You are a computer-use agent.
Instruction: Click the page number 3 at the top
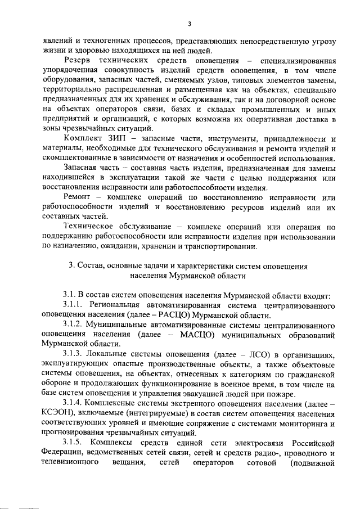coord(190,24)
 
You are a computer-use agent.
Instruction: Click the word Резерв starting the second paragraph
coord(79,60)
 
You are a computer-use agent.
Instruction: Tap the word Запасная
coord(82,168)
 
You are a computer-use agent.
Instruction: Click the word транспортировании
coord(226,247)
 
